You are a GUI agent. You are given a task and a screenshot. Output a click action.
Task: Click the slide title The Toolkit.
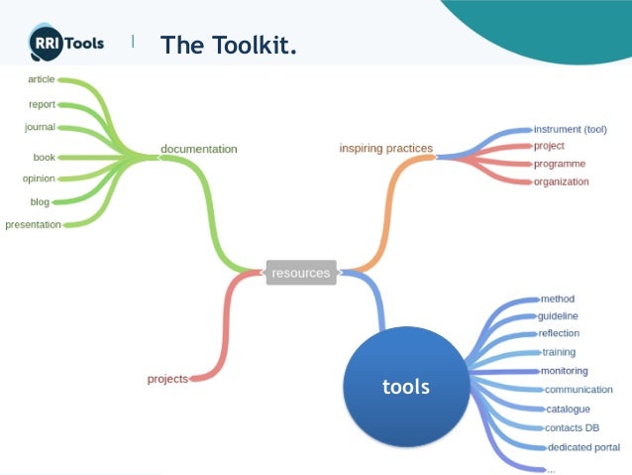[228, 45]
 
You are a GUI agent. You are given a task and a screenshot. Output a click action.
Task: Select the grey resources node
[300, 273]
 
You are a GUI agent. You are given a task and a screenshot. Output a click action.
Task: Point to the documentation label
[199, 150]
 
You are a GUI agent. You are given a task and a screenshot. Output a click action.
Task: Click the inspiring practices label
[385, 149]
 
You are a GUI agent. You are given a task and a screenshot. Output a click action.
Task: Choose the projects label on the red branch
[166, 379]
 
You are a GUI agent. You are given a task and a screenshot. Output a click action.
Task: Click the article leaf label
[41, 79]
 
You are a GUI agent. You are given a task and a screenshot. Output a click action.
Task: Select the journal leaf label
[40, 127]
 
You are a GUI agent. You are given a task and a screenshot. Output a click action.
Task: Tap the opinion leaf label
[39, 178]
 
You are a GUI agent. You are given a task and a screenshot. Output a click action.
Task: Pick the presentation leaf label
[33, 225]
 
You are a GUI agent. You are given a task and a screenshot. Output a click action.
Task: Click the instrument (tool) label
[570, 129]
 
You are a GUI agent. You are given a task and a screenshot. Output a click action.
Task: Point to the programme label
[560, 164]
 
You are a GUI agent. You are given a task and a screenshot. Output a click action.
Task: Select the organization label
[561, 181]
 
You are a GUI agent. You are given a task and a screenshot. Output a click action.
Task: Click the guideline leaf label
[558, 316]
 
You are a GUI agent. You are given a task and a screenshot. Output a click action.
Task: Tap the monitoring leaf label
[564, 371]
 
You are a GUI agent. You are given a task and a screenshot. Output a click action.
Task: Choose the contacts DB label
[572, 427]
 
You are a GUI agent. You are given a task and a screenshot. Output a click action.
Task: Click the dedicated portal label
[583, 447]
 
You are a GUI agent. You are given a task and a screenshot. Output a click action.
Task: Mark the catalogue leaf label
[568, 409]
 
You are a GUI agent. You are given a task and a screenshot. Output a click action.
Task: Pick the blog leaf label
[40, 202]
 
